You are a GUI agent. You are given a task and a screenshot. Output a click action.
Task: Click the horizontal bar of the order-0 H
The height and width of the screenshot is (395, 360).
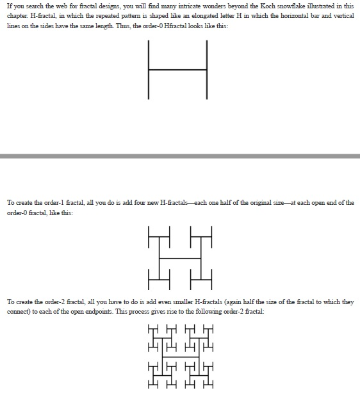178,69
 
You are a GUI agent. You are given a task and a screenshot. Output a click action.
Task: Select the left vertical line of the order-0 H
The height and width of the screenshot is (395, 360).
149,69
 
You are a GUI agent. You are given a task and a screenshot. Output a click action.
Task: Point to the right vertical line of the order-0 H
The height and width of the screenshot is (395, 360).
207,69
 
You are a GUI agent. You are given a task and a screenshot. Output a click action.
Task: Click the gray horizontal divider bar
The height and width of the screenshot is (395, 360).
180,156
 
